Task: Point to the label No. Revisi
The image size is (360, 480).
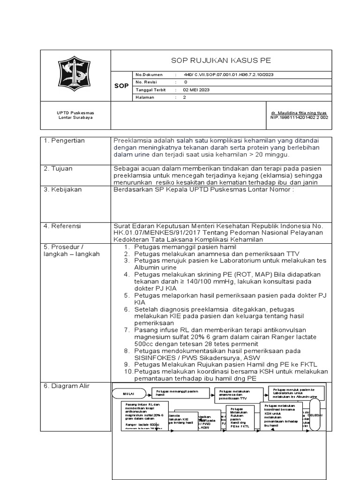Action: coord(146,82)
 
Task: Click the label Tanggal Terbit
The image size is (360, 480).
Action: coord(150,90)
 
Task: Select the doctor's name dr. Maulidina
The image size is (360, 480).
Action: coord(299,113)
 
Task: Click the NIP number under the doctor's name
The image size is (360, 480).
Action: coord(299,118)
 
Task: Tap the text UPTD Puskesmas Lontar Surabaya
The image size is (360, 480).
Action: coord(75,115)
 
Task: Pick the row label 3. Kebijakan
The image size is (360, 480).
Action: coord(63,189)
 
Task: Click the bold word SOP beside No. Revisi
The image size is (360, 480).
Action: coord(121,86)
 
